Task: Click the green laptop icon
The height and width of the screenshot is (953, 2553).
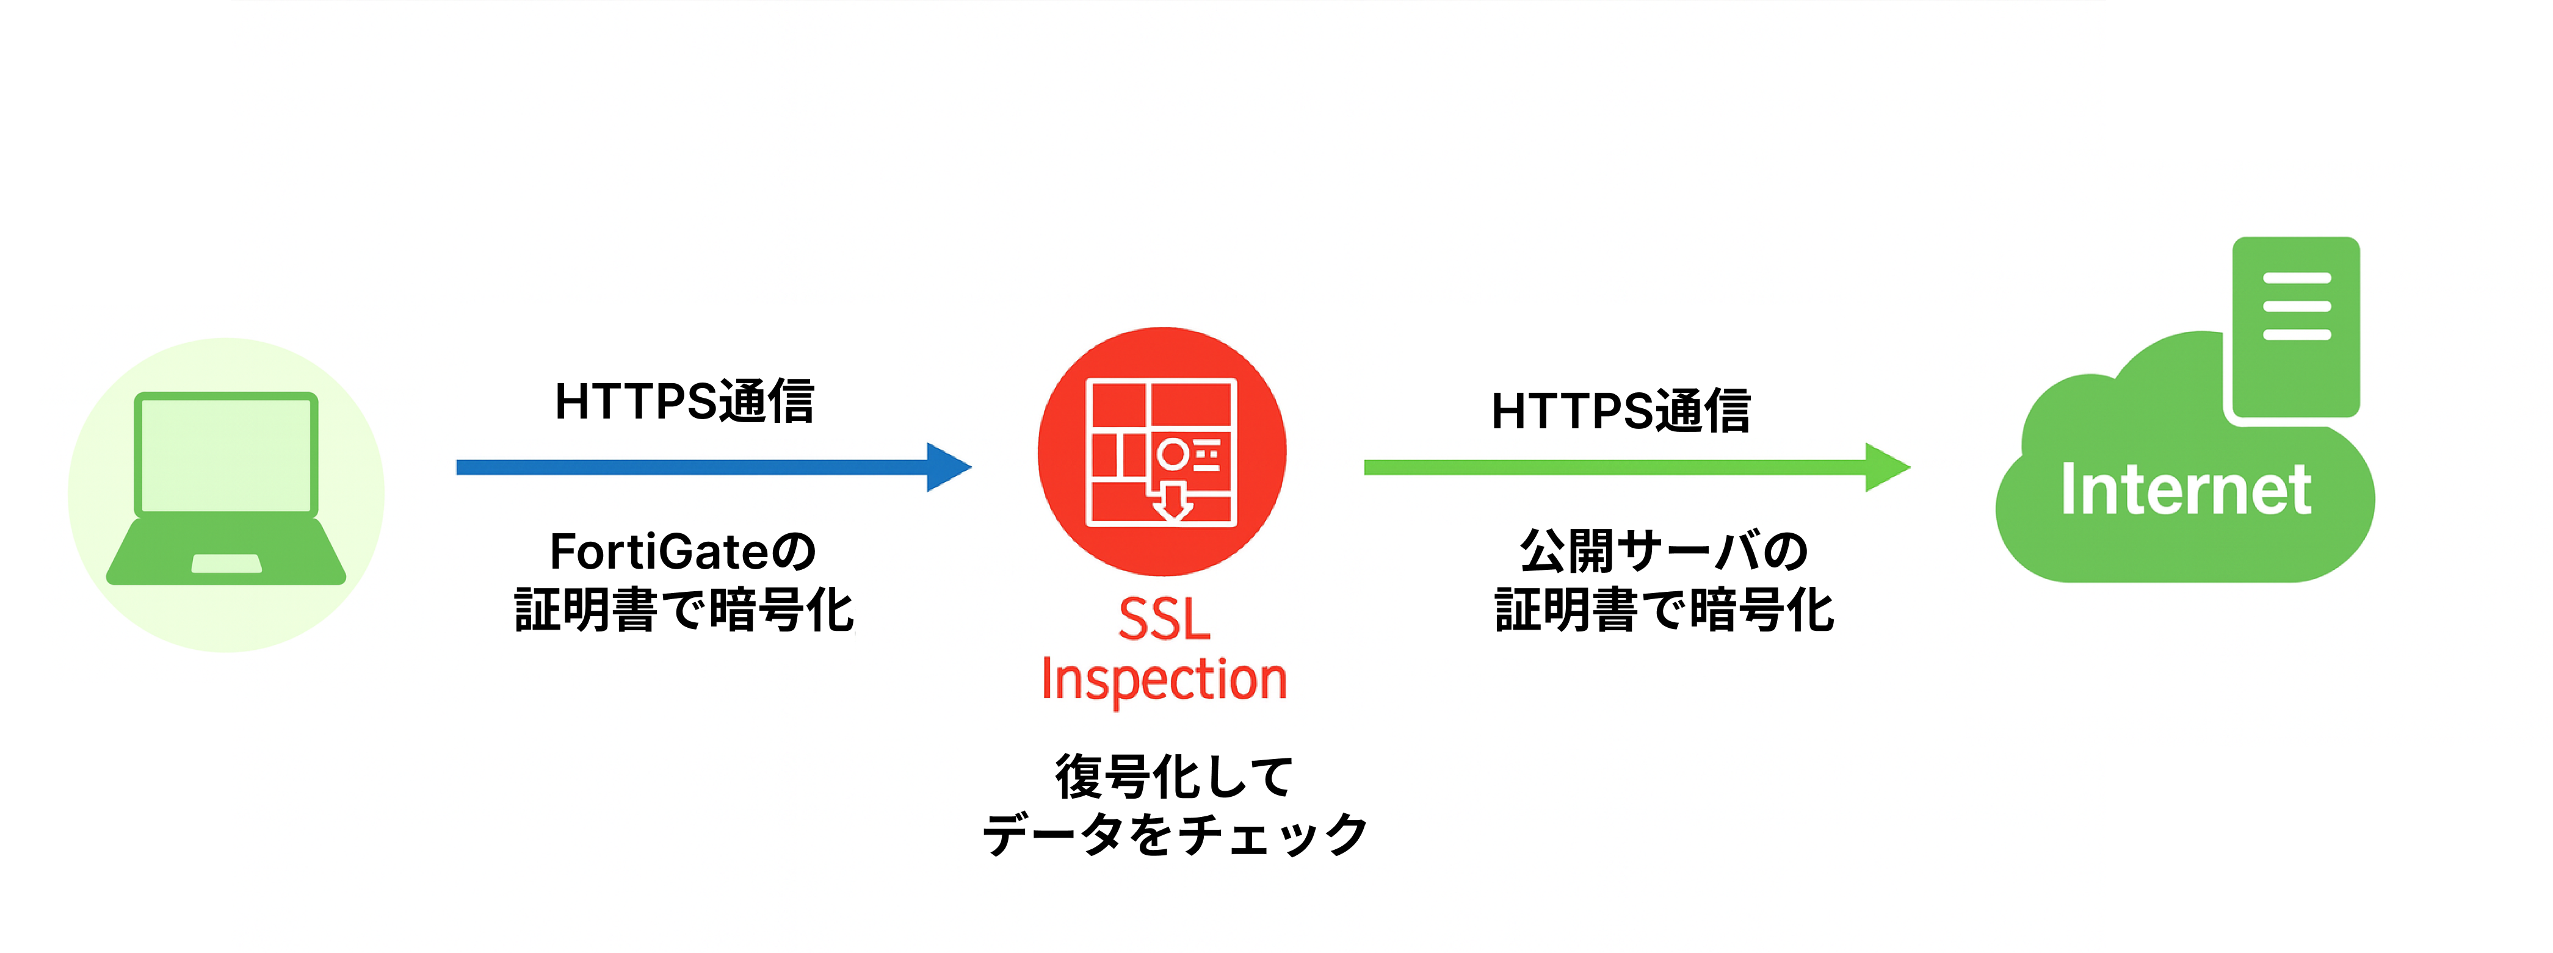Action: point(226,491)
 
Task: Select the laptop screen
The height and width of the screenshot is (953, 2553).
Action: point(226,455)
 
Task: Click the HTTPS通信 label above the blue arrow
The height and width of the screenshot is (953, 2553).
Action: point(684,402)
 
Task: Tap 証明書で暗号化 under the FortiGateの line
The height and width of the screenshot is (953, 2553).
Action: point(684,610)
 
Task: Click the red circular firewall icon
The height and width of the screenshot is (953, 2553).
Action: point(1162,451)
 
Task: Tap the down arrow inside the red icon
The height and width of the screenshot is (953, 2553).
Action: point(1173,500)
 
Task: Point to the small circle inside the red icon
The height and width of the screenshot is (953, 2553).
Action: point(1173,455)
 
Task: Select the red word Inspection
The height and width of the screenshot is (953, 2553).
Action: point(1164,680)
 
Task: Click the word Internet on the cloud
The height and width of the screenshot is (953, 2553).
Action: point(2185,489)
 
